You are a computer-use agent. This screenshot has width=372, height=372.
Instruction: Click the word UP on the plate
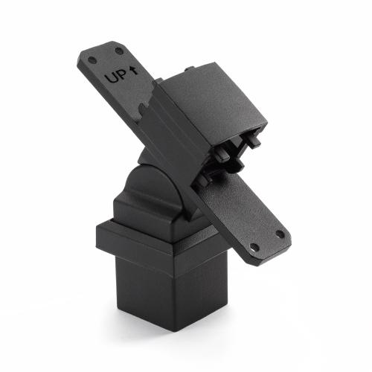115,76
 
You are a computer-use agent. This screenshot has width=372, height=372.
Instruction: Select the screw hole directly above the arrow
119,51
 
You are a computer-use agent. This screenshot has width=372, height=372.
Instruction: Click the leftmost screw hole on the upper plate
92,60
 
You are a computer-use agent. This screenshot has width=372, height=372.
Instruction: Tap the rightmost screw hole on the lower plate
280,234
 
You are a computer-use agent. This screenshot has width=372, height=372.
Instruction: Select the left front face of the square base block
141,298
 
